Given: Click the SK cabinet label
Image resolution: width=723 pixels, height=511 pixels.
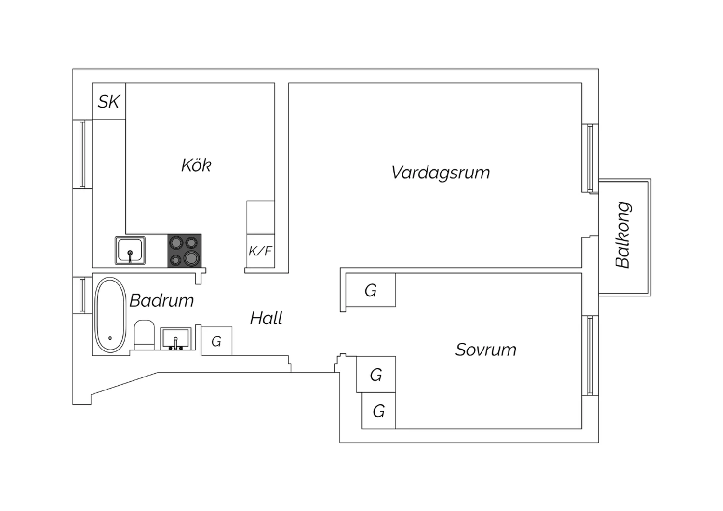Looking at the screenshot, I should [x=109, y=102].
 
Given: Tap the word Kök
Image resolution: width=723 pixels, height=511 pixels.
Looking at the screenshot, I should [x=196, y=165].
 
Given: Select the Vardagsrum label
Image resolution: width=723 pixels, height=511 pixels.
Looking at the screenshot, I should [x=441, y=173].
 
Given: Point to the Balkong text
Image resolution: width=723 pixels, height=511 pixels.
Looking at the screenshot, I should [x=623, y=235].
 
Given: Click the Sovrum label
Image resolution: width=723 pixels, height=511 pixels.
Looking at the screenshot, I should [x=486, y=350].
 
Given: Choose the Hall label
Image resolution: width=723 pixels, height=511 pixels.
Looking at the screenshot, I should [x=266, y=318].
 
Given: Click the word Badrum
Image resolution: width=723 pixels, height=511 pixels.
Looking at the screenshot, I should [x=162, y=301].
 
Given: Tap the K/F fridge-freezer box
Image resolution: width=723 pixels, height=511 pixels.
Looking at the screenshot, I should [x=260, y=251].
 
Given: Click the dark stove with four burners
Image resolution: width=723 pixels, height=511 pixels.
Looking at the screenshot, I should [x=185, y=251].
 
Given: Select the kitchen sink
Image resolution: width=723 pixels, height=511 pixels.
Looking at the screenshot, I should [x=130, y=250].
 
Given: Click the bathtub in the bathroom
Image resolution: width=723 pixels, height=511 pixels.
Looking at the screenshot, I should [x=110, y=316].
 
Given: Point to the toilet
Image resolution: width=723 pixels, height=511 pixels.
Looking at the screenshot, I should [x=144, y=335].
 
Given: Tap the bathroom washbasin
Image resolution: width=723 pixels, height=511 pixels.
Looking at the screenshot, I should [x=175, y=338].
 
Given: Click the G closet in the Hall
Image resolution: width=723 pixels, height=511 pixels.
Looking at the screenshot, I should [x=216, y=341].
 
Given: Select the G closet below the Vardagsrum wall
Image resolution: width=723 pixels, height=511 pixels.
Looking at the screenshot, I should [x=371, y=290].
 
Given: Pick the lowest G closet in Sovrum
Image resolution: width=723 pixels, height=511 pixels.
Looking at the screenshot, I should [x=379, y=411].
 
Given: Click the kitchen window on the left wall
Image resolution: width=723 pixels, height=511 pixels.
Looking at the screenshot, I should [x=82, y=154].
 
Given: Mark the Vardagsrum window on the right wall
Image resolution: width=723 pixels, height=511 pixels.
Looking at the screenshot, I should [x=589, y=158].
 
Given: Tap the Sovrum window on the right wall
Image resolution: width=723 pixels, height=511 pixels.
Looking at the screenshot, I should [x=589, y=355].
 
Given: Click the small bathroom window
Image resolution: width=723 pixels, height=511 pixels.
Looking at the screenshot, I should [x=82, y=295].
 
